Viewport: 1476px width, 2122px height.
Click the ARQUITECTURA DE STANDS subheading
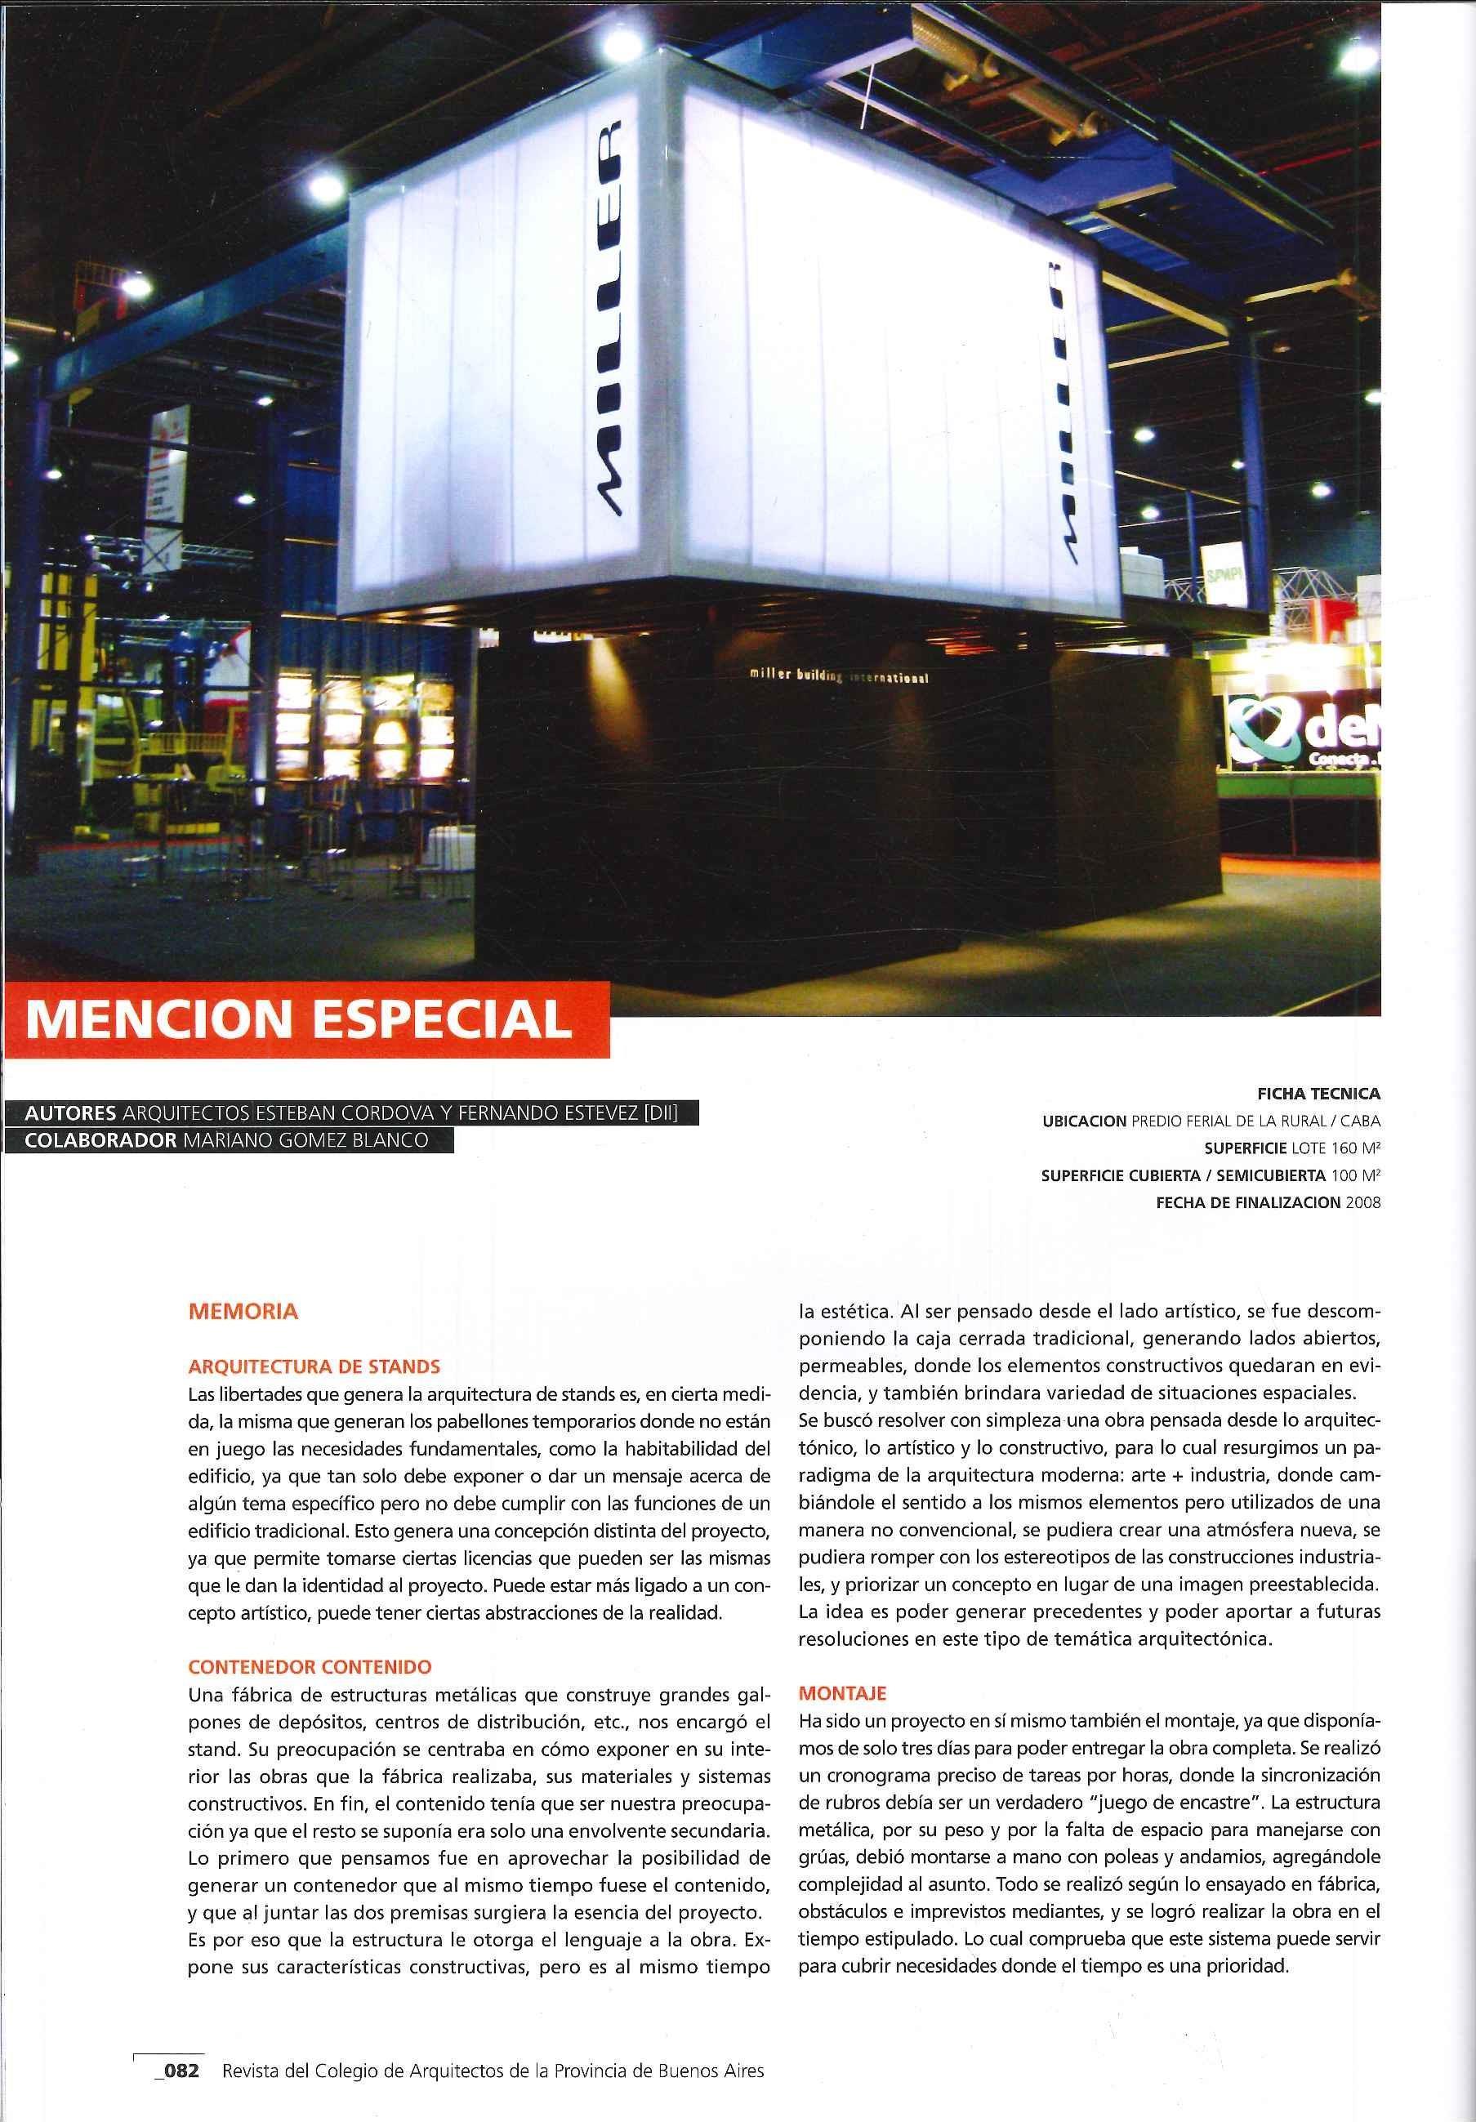coord(314,1366)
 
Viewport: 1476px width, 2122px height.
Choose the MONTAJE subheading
coord(842,1693)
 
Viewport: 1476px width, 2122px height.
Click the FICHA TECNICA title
coord(1318,1094)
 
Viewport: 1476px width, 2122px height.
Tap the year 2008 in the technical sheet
coord(1363,1202)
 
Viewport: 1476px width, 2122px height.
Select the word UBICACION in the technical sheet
coord(1083,1121)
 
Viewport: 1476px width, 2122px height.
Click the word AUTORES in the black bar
coord(70,1113)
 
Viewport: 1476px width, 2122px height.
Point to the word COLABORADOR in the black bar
coord(100,1140)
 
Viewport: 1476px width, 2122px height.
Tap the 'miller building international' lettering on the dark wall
coord(838,676)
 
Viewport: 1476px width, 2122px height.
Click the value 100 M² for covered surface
coord(1355,1175)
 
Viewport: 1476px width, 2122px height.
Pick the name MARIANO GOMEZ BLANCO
coord(306,1140)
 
